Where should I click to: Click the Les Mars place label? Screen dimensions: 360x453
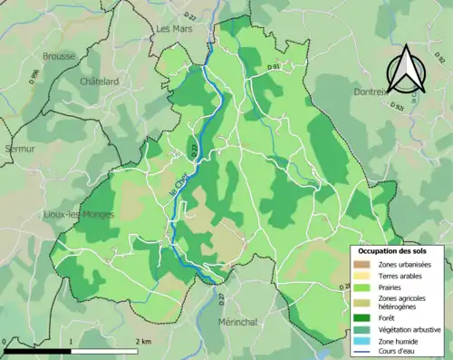[x=174, y=29]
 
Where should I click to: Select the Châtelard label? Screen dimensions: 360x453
[x=100, y=81]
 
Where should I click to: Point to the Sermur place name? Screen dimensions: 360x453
[x=19, y=148]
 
